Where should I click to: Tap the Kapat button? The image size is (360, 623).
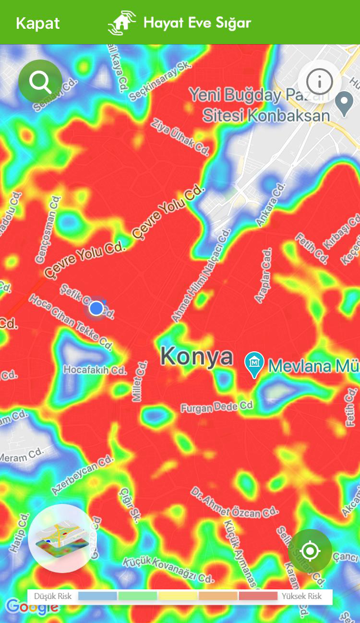pyautogui.click(x=37, y=23)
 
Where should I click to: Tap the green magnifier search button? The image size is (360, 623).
pyautogui.click(x=40, y=82)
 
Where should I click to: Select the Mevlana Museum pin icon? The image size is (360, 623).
pyautogui.click(x=254, y=364)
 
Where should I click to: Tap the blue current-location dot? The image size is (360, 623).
pyautogui.click(x=96, y=308)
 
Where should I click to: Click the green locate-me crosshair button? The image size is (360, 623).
pyautogui.click(x=310, y=551)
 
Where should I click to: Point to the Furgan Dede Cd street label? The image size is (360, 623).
pyautogui.click(x=216, y=407)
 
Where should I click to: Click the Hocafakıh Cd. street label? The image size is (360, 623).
pyautogui.click(x=95, y=371)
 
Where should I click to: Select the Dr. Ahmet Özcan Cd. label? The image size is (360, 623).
pyautogui.click(x=234, y=503)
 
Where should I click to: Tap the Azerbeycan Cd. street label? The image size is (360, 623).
pyautogui.click(x=83, y=475)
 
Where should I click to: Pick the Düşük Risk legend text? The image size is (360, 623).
pyautogui.click(x=53, y=596)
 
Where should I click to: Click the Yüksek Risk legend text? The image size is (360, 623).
pyautogui.click(x=301, y=596)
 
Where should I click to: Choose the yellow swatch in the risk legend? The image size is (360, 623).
pyautogui.click(x=178, y=596)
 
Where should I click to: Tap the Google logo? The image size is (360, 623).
pyautogui.click(x=32, y=607)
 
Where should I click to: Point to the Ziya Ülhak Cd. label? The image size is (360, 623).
pyautogui.click(x=180, y=137)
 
